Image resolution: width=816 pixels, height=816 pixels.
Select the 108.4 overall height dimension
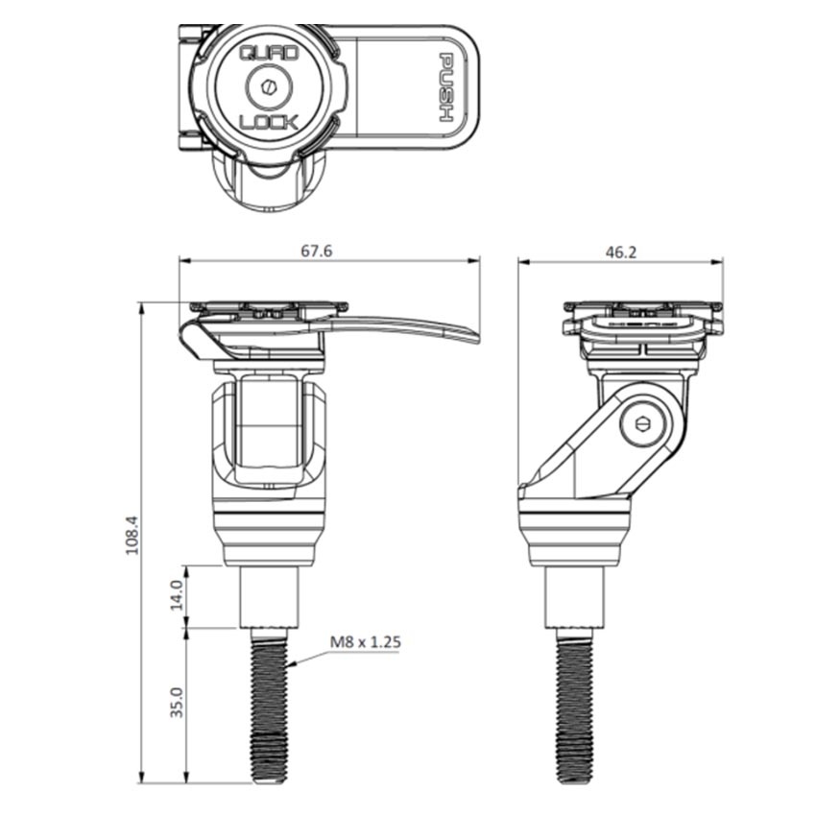tap(132, 541)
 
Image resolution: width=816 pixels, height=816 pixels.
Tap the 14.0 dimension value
tap(176, 597)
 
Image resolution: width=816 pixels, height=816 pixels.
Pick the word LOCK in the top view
tap(269, 122)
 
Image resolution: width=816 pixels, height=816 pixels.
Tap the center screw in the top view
tap(268, 88)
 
